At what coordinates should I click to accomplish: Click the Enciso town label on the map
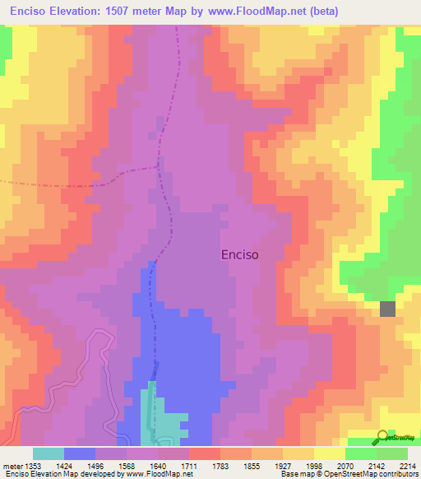tap(240, 255)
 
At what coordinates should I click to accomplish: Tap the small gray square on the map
tap(387, 309)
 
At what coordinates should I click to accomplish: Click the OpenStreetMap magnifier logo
tap(382, 436)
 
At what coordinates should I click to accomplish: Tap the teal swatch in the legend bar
tap(49, 453)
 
